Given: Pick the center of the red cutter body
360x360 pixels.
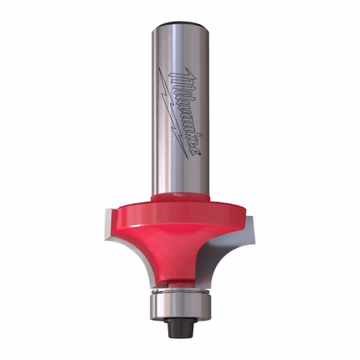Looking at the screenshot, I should (181, 234).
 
